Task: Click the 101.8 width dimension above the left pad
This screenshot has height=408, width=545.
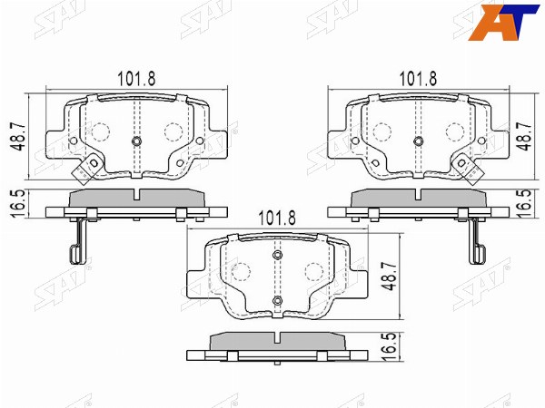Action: point(136,79)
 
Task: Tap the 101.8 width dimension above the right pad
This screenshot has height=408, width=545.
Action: point(418,79)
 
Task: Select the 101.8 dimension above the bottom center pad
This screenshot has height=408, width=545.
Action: point(277,219)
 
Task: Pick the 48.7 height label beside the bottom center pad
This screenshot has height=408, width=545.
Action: point(390,277)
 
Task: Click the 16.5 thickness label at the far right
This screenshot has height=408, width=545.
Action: point(527,204)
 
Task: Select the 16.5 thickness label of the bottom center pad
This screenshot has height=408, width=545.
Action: point(390,347)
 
